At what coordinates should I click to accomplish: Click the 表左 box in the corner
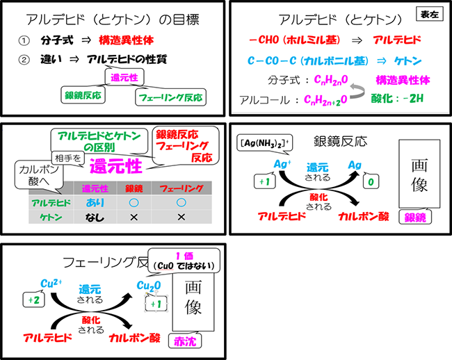click(428, 13)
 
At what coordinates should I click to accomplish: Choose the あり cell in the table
click(94, 202)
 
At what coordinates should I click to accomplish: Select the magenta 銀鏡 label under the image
click(414, 218)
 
